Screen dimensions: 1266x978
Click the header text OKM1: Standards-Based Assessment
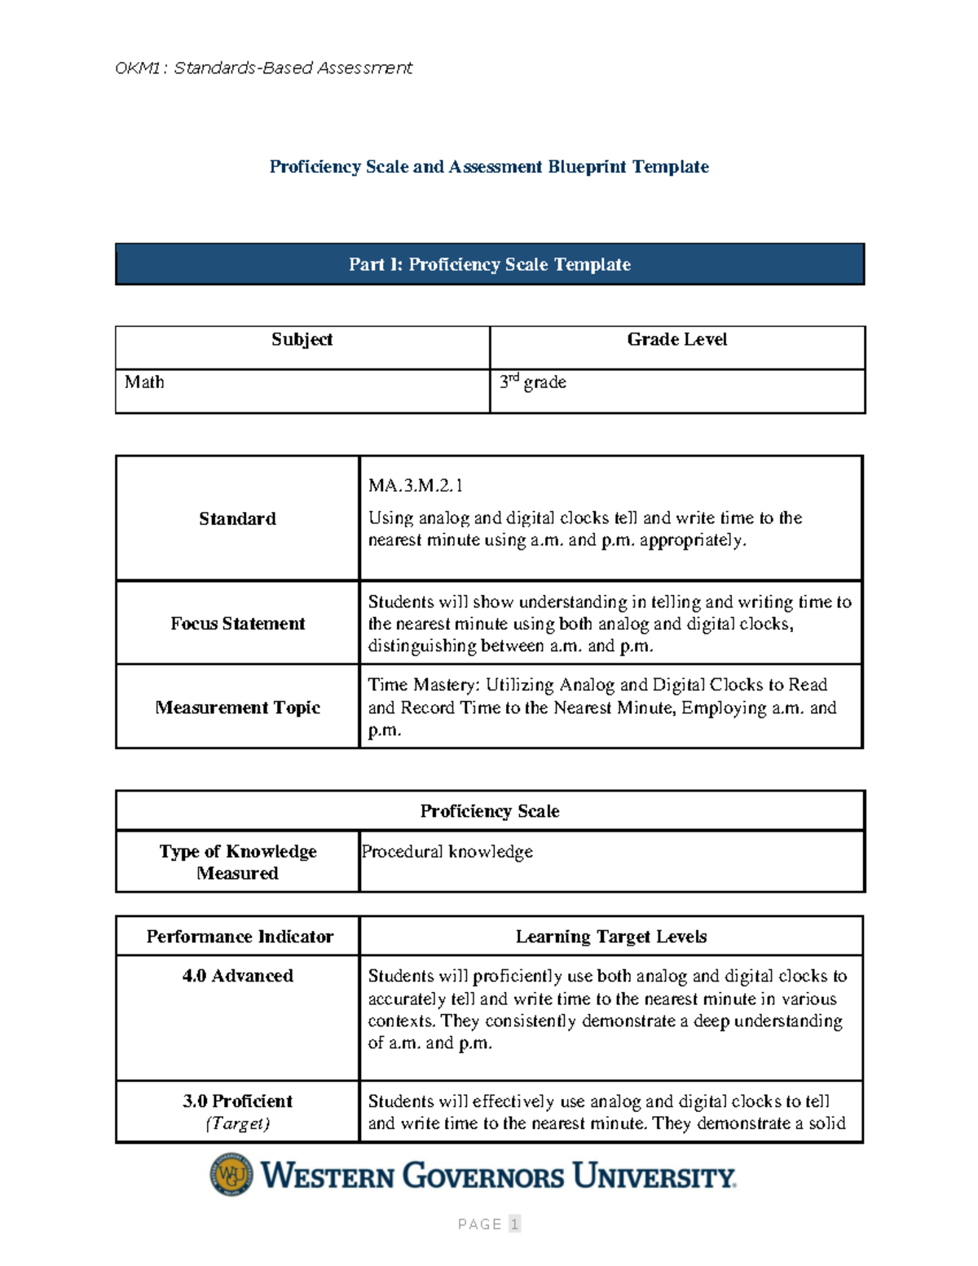click(x=263, y=68)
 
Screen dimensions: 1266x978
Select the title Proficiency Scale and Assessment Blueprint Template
click(x=489, y=167)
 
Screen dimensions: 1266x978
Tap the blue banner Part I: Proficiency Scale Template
click(x=489, y=264)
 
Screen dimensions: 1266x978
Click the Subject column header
click(x=302, y=340)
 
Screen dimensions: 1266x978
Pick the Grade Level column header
click(x=676, y=340)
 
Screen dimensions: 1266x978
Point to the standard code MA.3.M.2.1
click(x=416, y=486)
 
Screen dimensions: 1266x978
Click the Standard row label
click(x=237, y=519)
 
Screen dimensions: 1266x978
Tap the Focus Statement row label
click(x=237, y=624)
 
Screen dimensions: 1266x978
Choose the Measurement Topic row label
click(x=237, y=708)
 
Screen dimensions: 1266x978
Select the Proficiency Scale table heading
click(x=489, y=811)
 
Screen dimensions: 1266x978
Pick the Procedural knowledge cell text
click(x=447, y=852)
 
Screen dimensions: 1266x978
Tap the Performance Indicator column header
click(x=240, y=937)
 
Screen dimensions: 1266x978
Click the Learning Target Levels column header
click(x=610, y=937)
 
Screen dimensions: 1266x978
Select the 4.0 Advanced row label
click(x=237, y=976)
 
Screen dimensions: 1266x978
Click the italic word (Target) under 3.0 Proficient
click(x=237, y=1123)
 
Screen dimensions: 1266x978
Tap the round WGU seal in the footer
click(x=231, y=1175)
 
